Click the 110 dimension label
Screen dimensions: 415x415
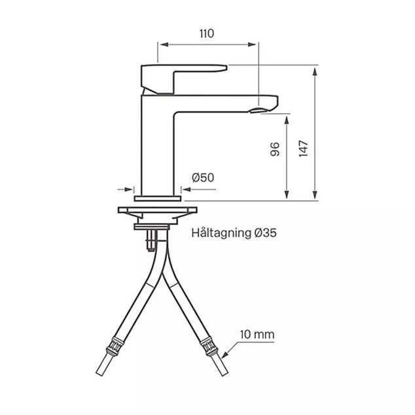(206, 33)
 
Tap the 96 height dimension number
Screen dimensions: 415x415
(275, 149)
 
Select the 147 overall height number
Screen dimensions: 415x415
(304, 149)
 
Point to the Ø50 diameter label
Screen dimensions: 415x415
(203, 177)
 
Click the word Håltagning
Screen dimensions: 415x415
(221, 233)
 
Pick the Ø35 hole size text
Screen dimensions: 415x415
(266, 233)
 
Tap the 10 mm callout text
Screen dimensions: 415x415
(257, 334)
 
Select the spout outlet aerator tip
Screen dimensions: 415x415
(259, 110)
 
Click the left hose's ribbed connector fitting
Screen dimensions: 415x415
(115, 346)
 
